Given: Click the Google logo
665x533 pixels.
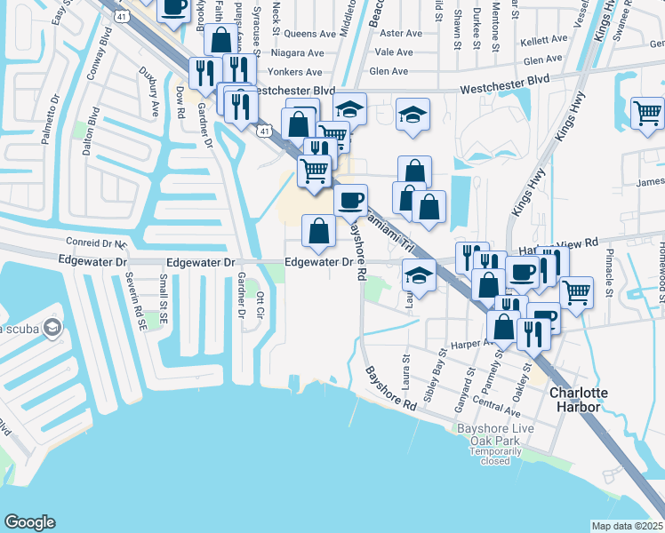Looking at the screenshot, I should click(x=29, y=522).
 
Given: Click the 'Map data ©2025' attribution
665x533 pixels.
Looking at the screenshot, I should click(x=628, y=526).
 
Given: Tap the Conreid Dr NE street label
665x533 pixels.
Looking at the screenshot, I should click(x=98, y=242).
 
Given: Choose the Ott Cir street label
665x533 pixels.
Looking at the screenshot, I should click(x=260, y=305).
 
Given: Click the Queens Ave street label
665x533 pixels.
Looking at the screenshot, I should click(x=308, y=34).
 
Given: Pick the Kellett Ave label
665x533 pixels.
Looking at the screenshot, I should click(x=544, y=40).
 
